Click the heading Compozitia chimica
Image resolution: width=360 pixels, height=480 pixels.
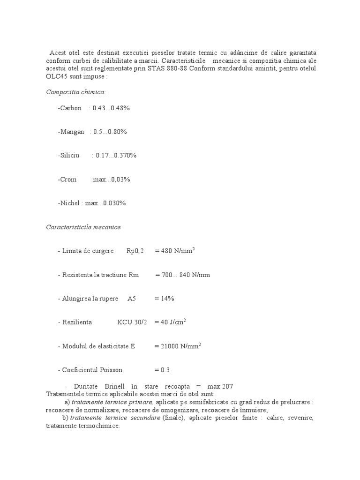tap(76, 92)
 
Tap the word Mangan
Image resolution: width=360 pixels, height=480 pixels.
tap(71, 132)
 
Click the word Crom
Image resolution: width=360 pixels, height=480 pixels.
tap(67, 179)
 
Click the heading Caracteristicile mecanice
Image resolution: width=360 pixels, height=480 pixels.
tap(83, 227)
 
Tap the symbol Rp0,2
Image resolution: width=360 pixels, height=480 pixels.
tap(135, 251)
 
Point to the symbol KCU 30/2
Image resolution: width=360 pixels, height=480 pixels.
tap(132, 322)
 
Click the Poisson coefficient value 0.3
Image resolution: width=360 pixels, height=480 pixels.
tap(165, 370)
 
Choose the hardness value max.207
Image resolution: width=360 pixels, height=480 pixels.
tap(220, 386)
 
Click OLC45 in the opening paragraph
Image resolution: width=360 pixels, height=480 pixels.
tap(57, 76)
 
